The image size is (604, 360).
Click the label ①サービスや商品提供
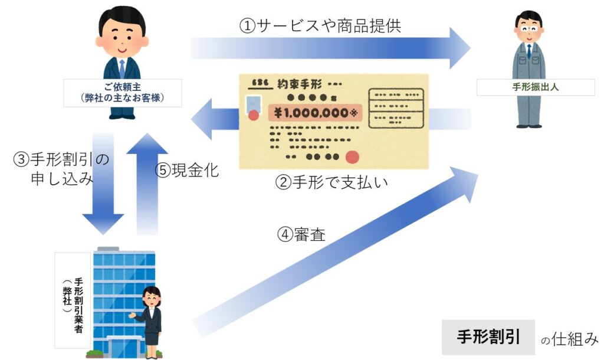321,25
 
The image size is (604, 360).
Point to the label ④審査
301,234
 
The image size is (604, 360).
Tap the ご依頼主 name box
122,93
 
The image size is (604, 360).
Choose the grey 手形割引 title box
488,337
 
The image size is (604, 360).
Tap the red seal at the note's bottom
353,156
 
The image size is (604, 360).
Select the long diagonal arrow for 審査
336,254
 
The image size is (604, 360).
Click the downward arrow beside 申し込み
103,183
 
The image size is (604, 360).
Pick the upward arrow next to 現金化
147,183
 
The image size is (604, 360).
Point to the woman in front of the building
150,319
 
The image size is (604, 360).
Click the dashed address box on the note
396,108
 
